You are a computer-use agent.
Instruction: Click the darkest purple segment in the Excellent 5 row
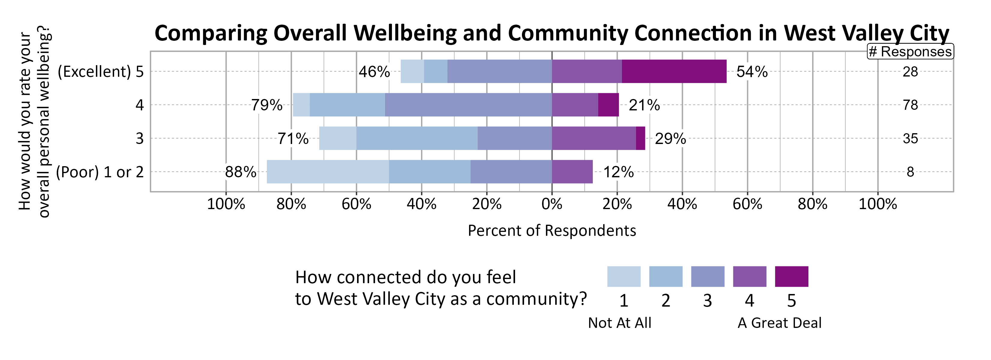[674, 71]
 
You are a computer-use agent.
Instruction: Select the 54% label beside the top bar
[752, 72]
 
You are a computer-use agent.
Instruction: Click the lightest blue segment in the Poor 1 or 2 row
[327, 172]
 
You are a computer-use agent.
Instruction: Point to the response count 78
[910, 105]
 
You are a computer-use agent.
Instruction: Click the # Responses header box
[910, 52]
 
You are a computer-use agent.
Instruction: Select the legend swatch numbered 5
[791, 276]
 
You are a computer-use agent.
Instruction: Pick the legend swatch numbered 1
[624, 276]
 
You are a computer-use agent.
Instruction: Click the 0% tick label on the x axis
[552, 204]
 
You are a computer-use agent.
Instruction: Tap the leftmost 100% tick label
[226, 204]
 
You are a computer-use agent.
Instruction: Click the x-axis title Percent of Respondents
[552, 230]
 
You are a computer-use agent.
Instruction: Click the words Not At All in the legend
[619, 323]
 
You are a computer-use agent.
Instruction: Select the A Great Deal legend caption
[779, 323]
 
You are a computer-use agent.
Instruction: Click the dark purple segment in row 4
[608, 105]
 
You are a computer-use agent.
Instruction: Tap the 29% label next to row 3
[670, 139]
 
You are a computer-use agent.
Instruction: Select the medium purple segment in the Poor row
[572, 172]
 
